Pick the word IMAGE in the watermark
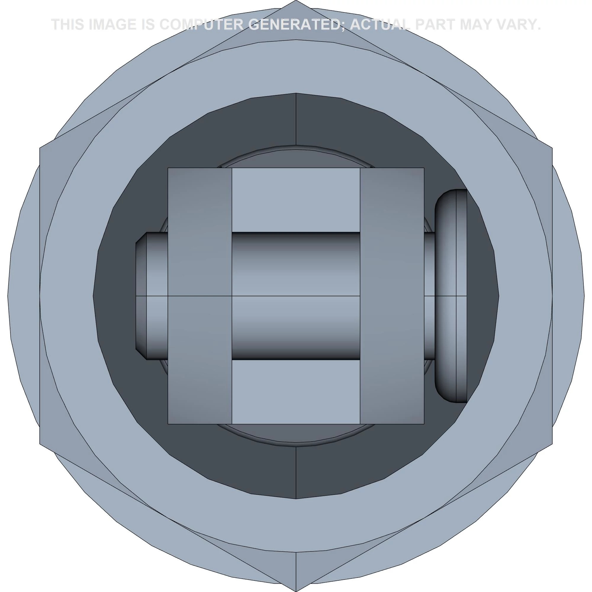(112, 25)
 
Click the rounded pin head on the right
(451, 296)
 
